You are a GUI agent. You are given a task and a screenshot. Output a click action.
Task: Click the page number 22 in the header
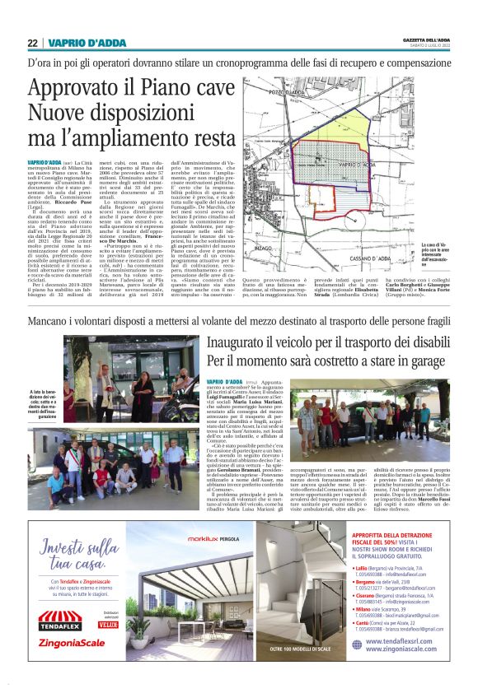[32, 43]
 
